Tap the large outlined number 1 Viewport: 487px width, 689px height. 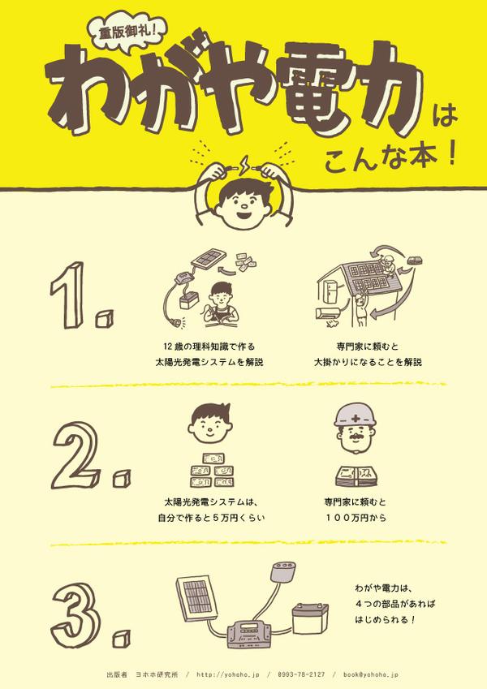(x=70, y=295)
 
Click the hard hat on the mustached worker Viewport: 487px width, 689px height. (x=356, y=416)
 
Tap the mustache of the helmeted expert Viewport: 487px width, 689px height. (x=356, y=438)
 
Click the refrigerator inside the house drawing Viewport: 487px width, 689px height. (x=330, y=294)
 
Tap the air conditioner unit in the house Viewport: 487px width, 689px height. (x=328, y=313)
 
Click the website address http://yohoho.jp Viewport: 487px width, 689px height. (x=228, y=674)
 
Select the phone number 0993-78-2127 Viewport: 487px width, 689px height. (x=301, y=674)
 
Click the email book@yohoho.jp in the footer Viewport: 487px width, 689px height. (x=371, y=674)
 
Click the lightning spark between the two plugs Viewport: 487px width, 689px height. (x=243, y=165)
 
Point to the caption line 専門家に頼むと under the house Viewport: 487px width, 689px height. (x=368, y=347)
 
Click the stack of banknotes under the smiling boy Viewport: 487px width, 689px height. (x=211, y=470)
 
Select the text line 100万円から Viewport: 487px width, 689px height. (x=356, y=518)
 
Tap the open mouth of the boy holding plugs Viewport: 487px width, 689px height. (x=244, y=215)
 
